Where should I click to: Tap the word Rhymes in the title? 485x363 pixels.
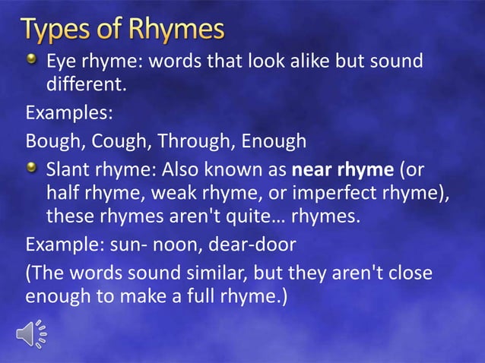pyautogui.click(x=176, y=30)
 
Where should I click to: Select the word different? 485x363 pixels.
pyautogui.click(x=86, y=88)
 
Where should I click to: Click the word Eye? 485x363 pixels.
pyautogui.click(x=62, y=62)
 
